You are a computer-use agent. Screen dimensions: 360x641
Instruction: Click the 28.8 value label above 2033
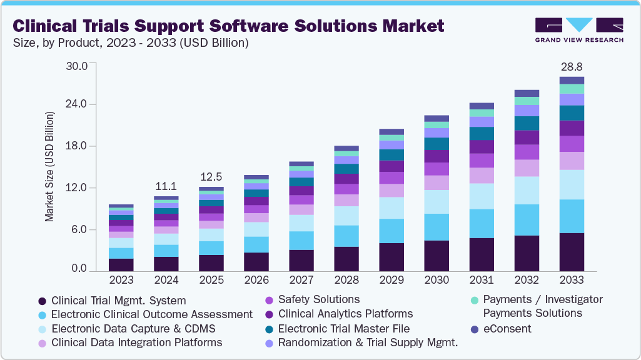click(572, 66)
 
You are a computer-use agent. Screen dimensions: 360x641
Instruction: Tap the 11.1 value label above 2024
click(166, 186)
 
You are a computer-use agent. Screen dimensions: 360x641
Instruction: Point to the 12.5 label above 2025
click(211, 176)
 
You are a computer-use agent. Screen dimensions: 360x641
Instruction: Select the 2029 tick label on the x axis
click(391, 279)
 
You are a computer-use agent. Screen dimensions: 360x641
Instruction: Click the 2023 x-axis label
click(121, 279)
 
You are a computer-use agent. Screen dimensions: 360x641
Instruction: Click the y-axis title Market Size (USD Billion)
click(49, 167)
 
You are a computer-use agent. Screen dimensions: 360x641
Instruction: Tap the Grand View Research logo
click(579, 30)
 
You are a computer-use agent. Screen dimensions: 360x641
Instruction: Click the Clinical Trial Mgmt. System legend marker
click(42, 301)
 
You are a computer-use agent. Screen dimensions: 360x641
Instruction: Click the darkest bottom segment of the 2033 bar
click(572, 252)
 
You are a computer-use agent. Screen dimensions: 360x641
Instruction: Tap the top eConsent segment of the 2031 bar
click(482, 106)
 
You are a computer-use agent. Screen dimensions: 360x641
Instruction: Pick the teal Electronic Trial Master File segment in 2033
click(572, 113)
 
